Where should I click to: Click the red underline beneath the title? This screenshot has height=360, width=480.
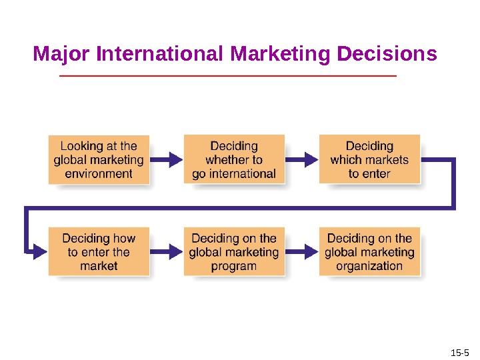pos(228,77)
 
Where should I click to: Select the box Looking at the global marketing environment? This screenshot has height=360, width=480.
pos(99,159)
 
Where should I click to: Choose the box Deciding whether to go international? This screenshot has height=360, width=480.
pos(234,159)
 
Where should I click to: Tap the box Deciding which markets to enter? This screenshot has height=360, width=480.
pos(369,159)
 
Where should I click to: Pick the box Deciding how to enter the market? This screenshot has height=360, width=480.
pos(99,251)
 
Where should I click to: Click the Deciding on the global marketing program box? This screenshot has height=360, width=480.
pos(234,251)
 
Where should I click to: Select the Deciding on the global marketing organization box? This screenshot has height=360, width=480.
pos(369,251)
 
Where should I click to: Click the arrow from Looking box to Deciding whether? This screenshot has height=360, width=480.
pos(167,159)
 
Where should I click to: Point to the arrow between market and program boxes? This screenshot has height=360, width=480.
pos(167,251)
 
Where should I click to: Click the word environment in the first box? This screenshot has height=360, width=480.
pos(99,174)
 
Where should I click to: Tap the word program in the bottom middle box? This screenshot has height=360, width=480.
pos(234,266)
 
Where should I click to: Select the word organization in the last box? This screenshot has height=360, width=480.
pos(369,266)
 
